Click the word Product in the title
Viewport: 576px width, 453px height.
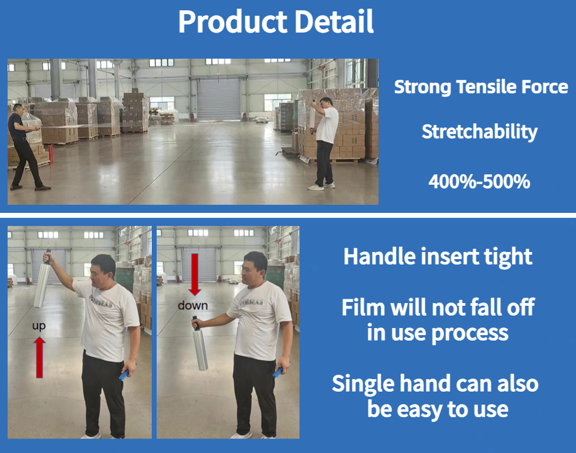(233, 22)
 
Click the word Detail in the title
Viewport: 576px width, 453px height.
(334, 22)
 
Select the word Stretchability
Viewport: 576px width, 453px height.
(479, 132)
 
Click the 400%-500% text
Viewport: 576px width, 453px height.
(479, 181)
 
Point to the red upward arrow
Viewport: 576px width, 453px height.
(39, 357)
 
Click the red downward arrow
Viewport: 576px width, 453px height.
(195, 274)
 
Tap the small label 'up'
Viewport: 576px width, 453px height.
(39, 326)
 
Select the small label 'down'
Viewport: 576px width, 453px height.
(193, 305)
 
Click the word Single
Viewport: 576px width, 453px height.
(363, 384)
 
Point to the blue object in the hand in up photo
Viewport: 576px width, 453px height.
(124, 375)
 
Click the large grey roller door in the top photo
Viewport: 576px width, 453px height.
(219, 99)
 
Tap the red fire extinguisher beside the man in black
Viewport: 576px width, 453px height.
(51, 154)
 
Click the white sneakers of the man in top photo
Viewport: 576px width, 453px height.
(321, 186)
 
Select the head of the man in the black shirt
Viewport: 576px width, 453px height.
(18, 109)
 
